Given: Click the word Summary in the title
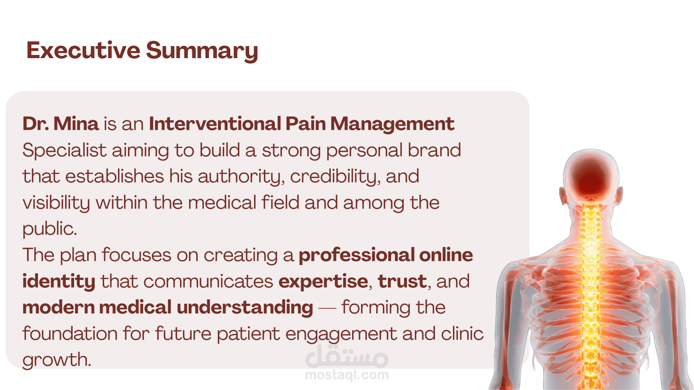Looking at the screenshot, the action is pos(202,51).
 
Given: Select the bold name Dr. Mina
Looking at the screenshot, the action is pos(60,123).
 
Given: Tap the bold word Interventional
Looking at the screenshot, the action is pos(215,123).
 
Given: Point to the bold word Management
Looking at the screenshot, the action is pos(392,124).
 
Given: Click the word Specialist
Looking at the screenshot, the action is pos(64,150).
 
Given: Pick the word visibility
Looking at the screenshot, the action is pos(56,203).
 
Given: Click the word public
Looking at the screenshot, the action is pos(50,229).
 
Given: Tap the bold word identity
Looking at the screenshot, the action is pos(59,282).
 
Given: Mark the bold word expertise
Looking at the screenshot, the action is pos(323,282).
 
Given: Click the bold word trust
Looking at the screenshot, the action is pos(402,281).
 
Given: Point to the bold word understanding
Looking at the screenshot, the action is pos(245,307).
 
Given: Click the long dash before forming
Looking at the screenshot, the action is pos(327,308).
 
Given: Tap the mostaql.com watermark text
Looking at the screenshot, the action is pos(347,375).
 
